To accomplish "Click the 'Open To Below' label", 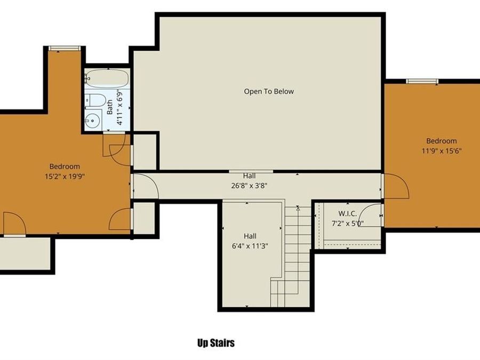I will [x=269, y=91].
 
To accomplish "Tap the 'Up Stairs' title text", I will [x=215, y=343].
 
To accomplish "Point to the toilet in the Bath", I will [x=96, y=100].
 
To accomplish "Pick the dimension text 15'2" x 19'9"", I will [x=65, y=175].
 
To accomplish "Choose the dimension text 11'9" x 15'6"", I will [x=441, y=150].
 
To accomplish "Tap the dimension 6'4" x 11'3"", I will [x=250, y=245].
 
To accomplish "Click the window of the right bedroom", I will [x=422, y=81].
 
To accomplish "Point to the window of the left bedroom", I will [x=64, y=49].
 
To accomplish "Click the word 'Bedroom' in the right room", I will [x=442, y=141].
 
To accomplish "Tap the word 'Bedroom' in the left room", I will [x=65, y=166].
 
